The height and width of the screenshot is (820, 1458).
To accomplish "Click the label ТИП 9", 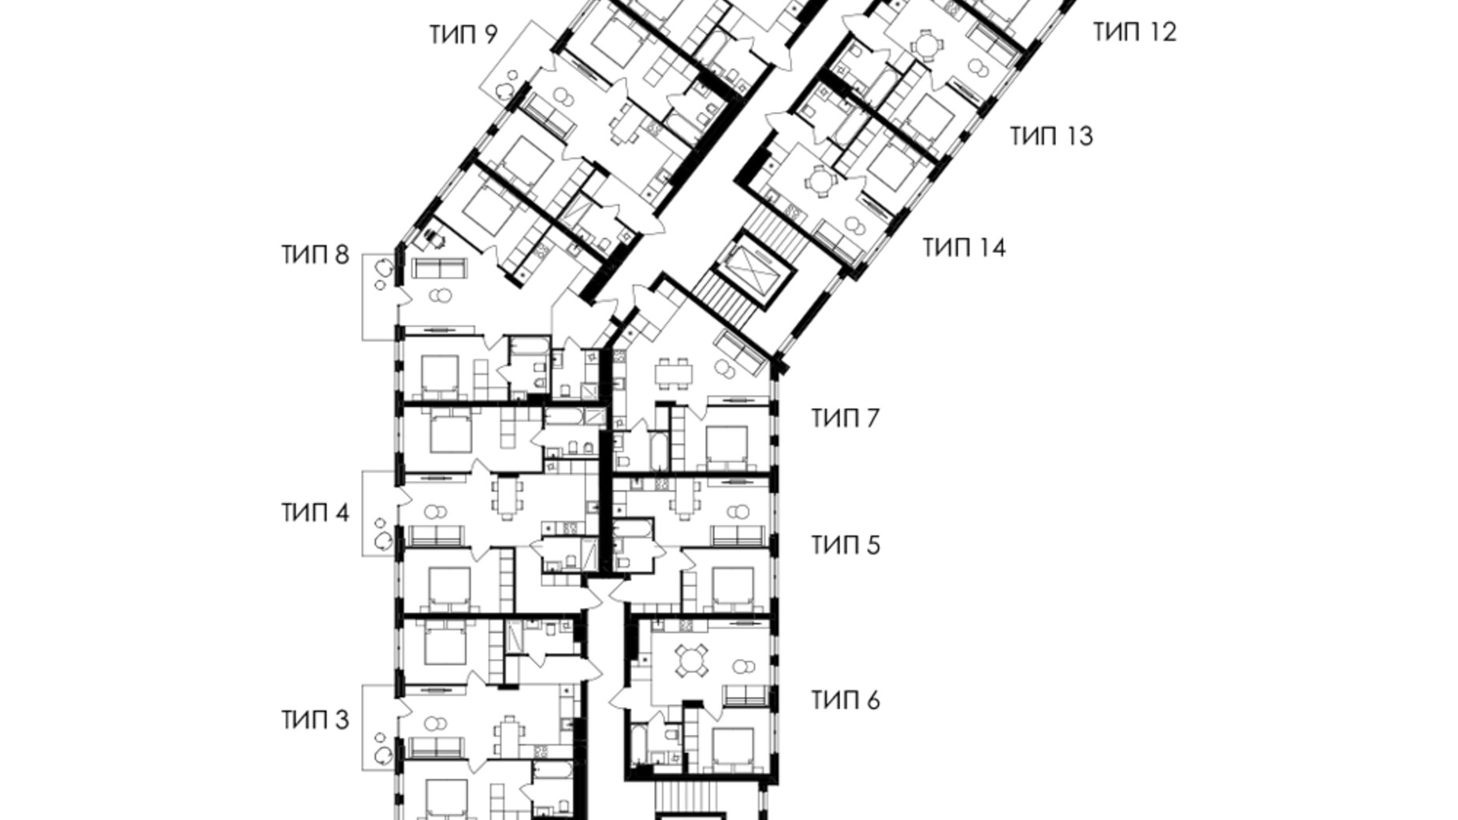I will pyautogui.click(x=463, y=35).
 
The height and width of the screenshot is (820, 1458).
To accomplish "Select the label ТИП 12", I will pyautogui.click(x=1134, y=32).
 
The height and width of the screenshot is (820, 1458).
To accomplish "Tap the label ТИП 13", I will pyautogui.click(x=1051, y=136).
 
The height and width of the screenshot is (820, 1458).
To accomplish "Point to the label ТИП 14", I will pyautogui.click(x=964, y=248).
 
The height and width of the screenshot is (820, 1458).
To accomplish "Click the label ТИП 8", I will pyautogui.click(x=314, y=255).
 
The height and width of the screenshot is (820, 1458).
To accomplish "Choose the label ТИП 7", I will pyautogui.click(x=845, y=418).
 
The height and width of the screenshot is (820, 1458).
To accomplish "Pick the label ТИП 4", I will pyautogui.click(x=314, y=513).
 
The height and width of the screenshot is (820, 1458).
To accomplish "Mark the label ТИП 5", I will pyautogui.click(x=845, y=545).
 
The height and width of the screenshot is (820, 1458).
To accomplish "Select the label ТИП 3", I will pyautogui.click(x=314, y=720).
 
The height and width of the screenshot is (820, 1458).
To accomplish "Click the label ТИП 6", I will pyautogui.click(x=845, y=700).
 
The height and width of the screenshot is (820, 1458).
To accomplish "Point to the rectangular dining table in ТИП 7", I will pyautogui.click(x=674, y=371).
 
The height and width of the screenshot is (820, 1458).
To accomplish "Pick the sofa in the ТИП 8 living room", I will pyautogui.click(x=440, y=269).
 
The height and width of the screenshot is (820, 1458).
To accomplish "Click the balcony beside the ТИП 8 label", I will pyautogui.click(x=377, y=297).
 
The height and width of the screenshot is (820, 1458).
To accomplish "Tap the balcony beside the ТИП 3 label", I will pyautogui.click(x=378, y=728).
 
